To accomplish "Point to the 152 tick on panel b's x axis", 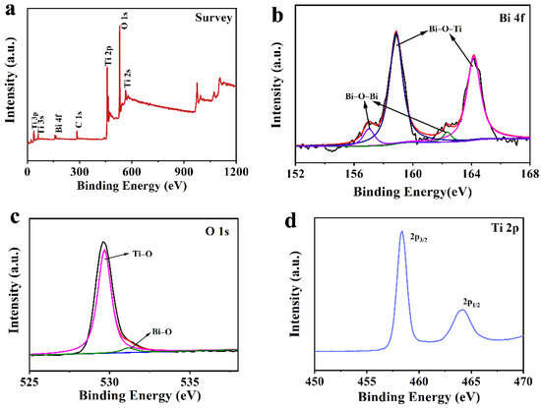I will [295, 173].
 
